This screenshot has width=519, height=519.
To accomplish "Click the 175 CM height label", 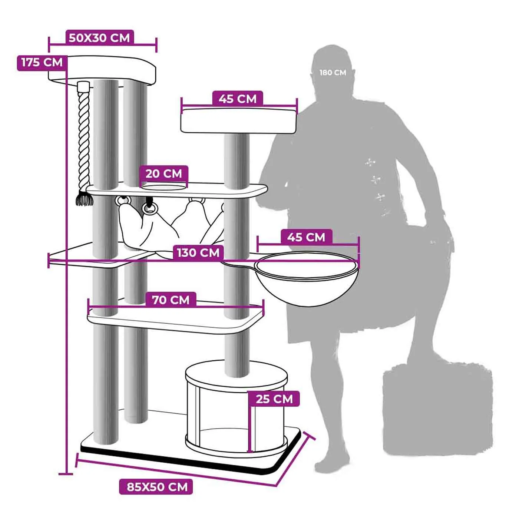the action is click(x=42, y=63).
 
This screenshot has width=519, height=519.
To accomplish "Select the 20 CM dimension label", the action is click(x=164, y=174).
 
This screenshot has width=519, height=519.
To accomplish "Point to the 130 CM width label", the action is click(x=198, y=253).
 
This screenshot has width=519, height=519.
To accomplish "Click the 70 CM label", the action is click(x=171, y=300).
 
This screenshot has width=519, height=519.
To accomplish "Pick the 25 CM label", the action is click(x=274, y=399).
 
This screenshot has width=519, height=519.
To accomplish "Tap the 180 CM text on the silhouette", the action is click(x=333, y=73).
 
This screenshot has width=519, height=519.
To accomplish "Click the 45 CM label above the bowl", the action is click(x=306, y=237).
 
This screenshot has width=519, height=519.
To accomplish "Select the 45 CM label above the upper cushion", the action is click(x=238, y=99).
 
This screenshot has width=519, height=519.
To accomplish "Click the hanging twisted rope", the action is click(x=84, y=138).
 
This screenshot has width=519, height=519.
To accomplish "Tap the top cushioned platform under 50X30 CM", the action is click(x=102, y=70).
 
